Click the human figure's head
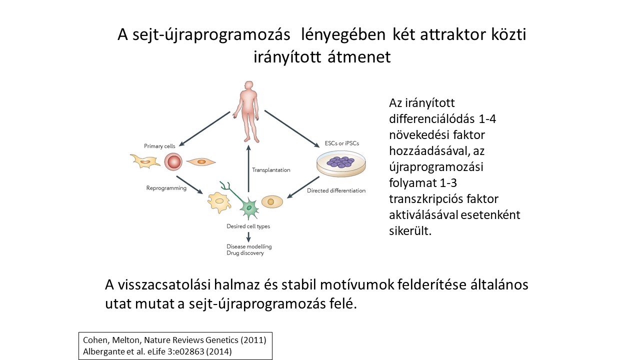(249, 85)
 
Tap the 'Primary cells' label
(159, 146)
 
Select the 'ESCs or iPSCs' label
(341, 143)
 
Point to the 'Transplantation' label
(271, 170)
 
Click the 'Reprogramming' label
(166, 188)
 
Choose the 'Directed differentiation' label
(336, 190)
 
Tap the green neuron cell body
(249, 207)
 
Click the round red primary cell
(173, 161)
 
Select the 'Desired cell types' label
(248, 226)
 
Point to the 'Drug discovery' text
(245, 253)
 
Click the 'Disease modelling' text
(249, 246)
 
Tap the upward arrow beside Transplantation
(248, 168)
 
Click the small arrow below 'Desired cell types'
(248, 237)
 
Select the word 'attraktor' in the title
(453, 34)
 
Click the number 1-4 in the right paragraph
(487, 119)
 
